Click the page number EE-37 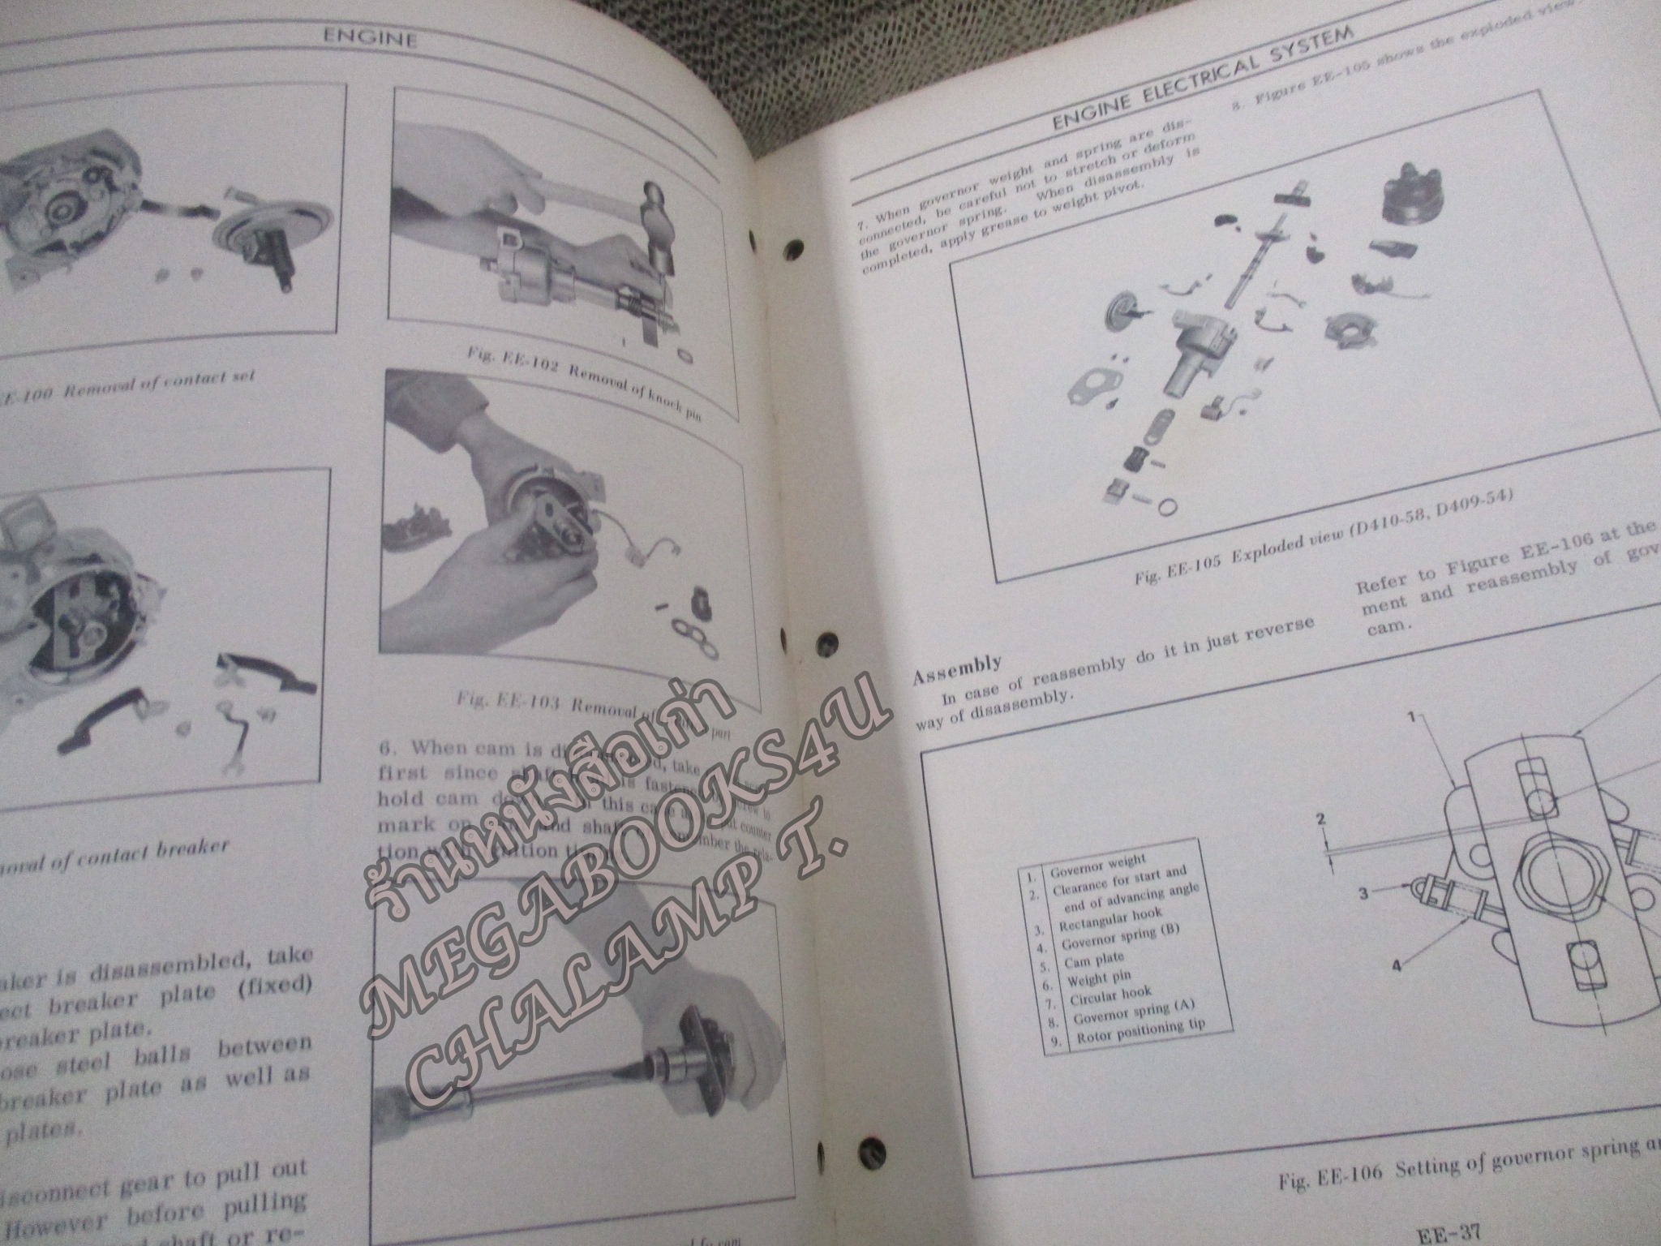[1448, 1235]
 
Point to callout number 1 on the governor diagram [1412, 717]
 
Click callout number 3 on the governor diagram [1363, 894]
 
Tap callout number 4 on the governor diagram [1397, 965]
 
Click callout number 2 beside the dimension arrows [1321, 820]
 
